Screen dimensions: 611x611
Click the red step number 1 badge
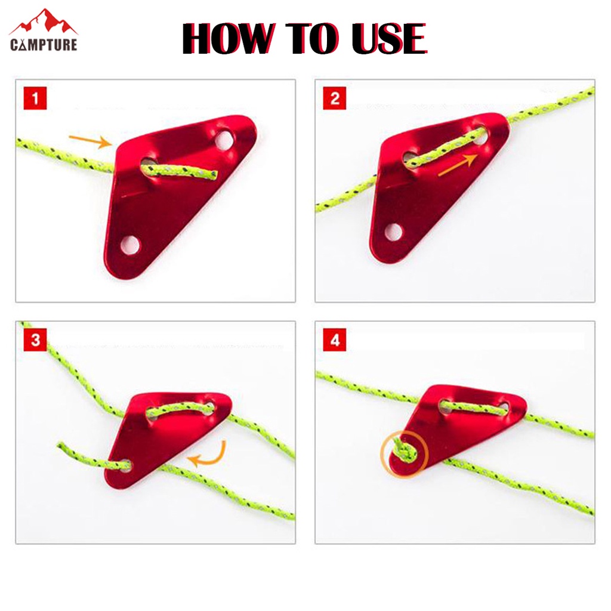pos(35,98)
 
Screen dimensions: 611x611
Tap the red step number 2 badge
pos(334,98)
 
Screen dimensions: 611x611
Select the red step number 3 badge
pos(35,340)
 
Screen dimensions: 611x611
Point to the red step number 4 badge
pos(334,340)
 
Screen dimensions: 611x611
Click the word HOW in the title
pos(229,38)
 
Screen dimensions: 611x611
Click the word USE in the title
pos(389,38)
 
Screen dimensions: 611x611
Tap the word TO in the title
pos(313,38)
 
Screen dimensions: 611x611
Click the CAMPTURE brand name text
pos(44,44)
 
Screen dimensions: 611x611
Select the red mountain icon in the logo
pos(44,22)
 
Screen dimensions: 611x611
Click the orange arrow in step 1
pos(90,141)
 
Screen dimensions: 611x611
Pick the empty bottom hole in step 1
pos(129,245)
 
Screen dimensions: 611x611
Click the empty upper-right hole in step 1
pos(224,140)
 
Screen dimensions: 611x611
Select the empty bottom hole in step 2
pos(393,232)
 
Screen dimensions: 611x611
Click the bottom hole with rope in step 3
pos(125,465)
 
